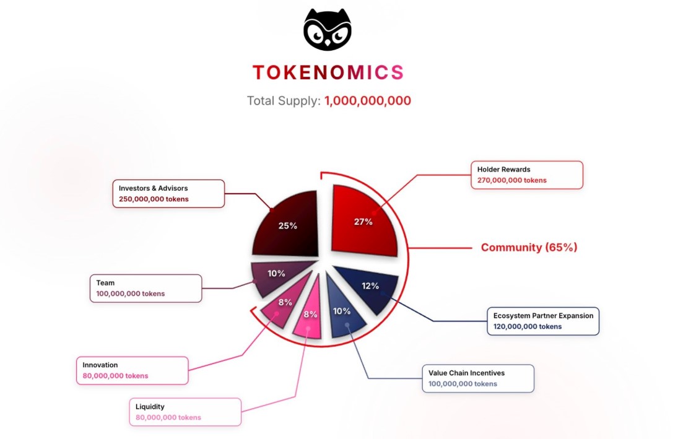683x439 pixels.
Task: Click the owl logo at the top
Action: point(327,30)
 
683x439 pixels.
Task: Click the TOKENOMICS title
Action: point(328,72)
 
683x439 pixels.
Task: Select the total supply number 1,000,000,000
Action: point(368,100)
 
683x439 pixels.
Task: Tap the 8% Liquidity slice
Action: point(309,315)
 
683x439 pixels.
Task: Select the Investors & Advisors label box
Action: point(168,193)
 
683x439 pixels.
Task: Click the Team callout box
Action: point(146,288)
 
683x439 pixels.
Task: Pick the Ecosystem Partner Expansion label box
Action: point(542,321)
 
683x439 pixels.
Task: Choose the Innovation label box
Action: point(131,370)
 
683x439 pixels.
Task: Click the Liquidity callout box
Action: point(185,412)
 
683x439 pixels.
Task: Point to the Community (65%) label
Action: point(529,248)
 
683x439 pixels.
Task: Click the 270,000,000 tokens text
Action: point(511,180)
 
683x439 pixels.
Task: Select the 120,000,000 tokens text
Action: point(528,326)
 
